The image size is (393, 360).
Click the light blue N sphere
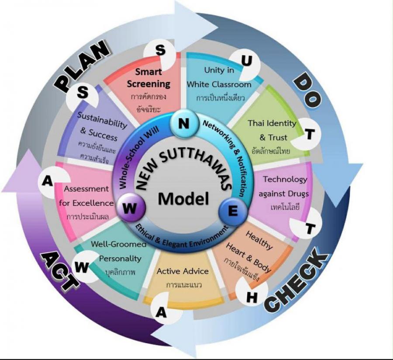coord(184,124)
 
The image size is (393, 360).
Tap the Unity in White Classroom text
coord(219,77)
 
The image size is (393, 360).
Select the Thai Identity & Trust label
coord(272,130)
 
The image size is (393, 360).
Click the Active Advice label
coord(183,271)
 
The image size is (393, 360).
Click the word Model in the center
coord(183,199)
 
